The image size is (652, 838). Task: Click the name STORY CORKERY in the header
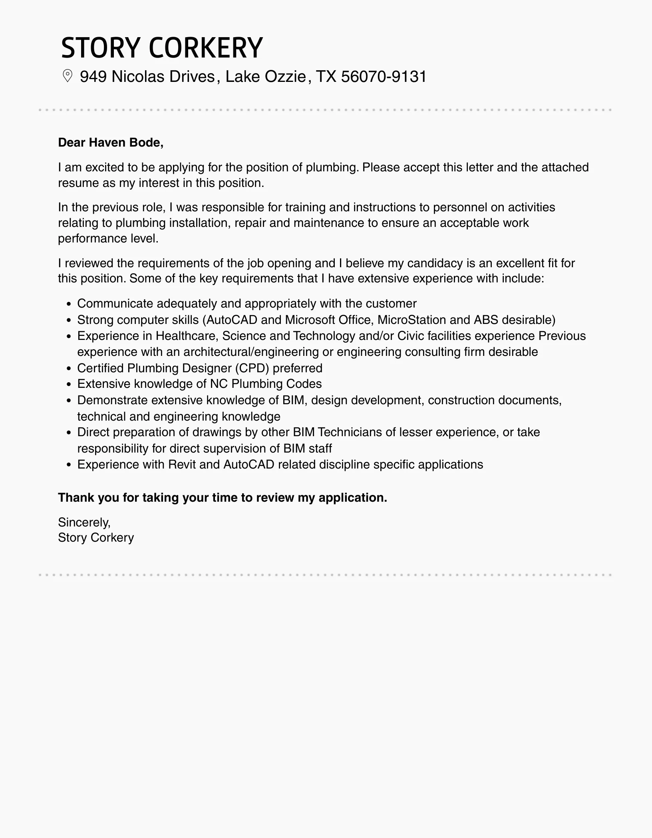(162, 48)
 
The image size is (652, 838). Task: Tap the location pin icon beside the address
(68, 76)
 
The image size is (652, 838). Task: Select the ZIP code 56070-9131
(384, 76)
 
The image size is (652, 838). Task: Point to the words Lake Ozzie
(266, 76)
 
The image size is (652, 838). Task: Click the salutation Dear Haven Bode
(111, 143)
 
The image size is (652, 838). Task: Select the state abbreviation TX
(326, 76)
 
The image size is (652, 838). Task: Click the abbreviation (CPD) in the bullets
(252, 368)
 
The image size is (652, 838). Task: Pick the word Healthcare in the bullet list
(187, 336)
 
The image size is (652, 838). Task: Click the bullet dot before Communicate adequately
(69, 304)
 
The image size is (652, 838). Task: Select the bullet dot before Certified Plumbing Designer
(69, 369)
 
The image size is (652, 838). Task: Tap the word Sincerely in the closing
(84, 522)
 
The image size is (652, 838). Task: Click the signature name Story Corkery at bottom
(96, 538)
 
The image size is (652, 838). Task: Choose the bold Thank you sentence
(223, 498)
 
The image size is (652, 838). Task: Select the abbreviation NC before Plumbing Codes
(219, 384)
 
